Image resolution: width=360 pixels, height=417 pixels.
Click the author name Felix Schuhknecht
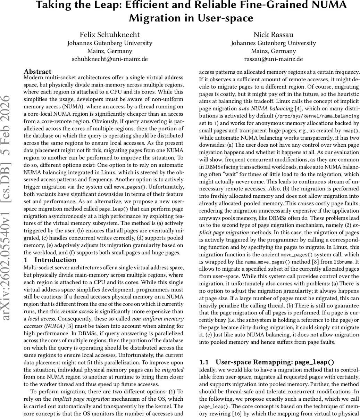point(110,34)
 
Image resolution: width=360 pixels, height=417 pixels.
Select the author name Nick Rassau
point(274,34)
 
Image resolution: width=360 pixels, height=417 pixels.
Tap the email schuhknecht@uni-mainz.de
point(110,59)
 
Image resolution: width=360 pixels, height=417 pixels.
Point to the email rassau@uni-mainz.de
point(274,59)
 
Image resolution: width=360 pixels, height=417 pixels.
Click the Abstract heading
point(38,72)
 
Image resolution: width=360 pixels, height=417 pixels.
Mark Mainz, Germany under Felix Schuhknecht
point(110,51)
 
